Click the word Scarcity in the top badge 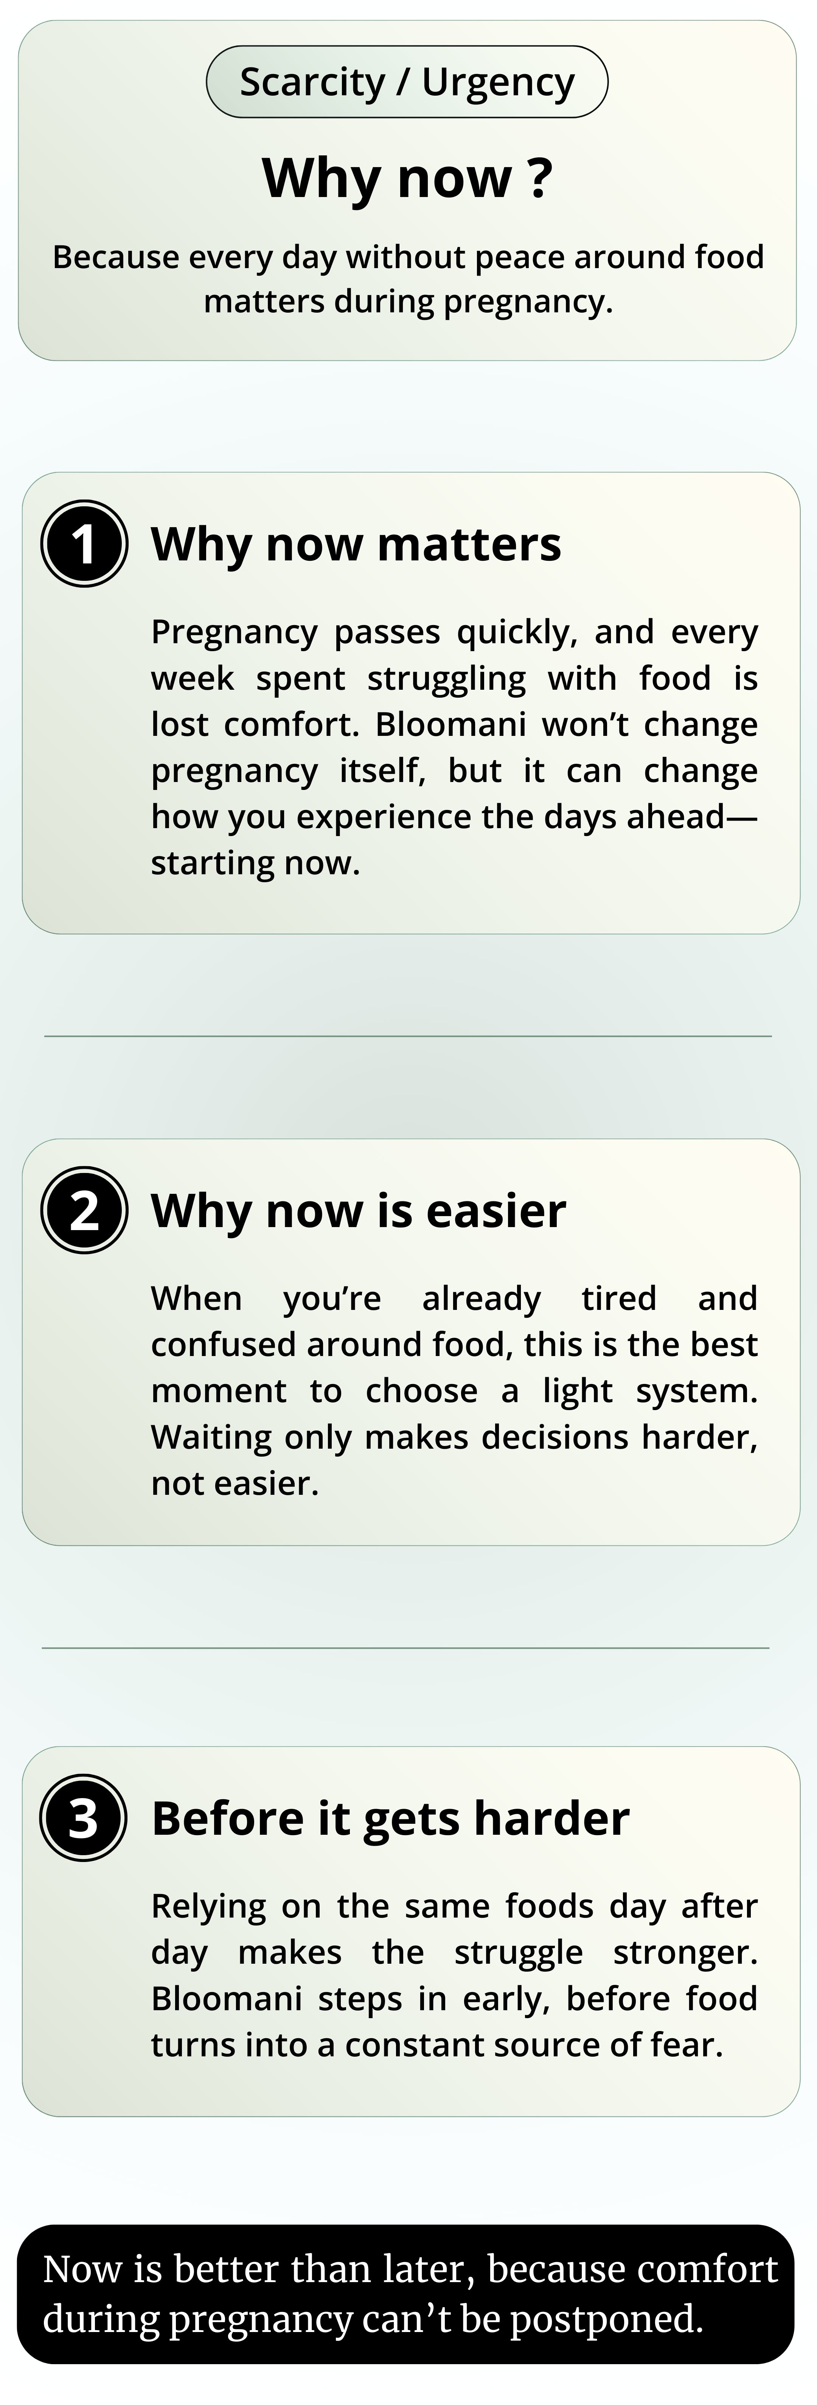pyautogui.click(x=312, y=83)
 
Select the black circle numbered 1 pyautogui.click(x=84, y=543)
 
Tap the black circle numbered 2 pyautogui.click(x=84, y=1210)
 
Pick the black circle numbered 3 pyautogui.click(x=83, y=1818)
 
